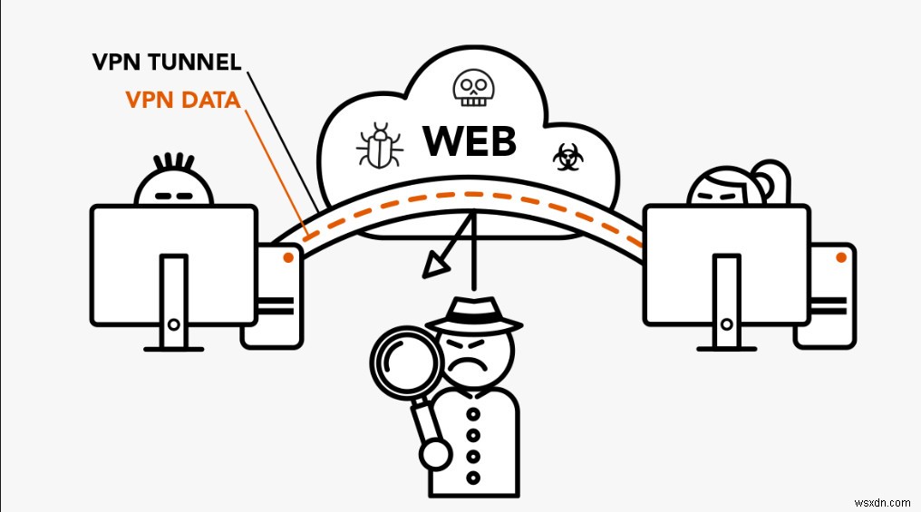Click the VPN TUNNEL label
coord(166,63)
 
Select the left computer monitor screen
coord(173,264)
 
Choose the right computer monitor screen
coord(725,264)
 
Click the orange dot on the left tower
coord(287,258)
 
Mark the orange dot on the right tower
coord(840,258)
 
